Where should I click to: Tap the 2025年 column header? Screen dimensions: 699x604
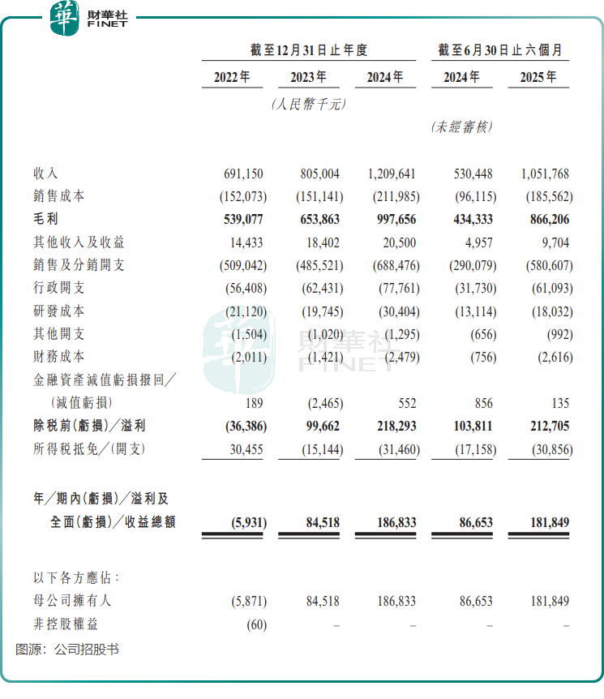538,78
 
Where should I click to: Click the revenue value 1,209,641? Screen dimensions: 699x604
385,174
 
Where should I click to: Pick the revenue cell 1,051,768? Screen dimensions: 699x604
538,174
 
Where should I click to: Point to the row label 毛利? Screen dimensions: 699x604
45,220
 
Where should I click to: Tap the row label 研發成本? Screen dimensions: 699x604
58,311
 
